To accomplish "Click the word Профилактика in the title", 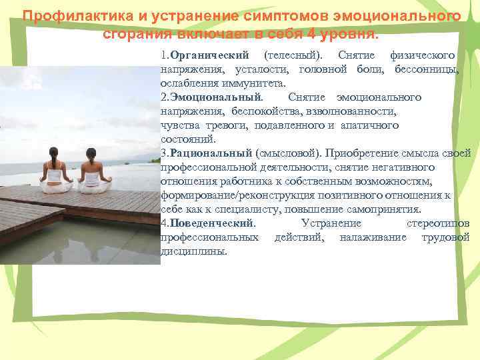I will [63, 16].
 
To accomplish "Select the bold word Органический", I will [209, 53].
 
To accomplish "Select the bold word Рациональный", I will [211, 153].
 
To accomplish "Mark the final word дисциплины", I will [194, 251].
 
